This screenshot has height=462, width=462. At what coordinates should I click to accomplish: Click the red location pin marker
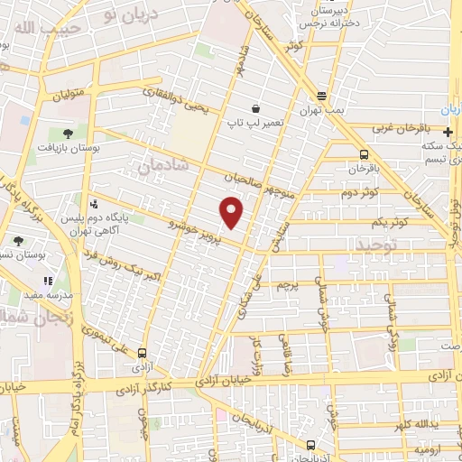coord(233,213)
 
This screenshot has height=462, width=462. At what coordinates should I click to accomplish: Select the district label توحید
coord(351,245)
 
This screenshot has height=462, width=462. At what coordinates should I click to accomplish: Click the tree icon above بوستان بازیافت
coord(68,132)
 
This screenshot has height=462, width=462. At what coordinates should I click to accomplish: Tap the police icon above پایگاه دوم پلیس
coord(96,204)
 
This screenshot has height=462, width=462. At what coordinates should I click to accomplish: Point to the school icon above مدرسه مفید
coord(48,282)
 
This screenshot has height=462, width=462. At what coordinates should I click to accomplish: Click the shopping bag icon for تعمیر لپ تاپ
coord(257,108)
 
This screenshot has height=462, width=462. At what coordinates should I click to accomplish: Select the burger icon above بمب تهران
coord(321,96)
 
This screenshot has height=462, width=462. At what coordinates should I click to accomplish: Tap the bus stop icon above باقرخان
coord(364,154)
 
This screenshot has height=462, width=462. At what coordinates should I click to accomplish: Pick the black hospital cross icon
coord(448,132)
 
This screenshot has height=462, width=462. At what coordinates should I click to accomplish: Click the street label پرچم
coord(285,286)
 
